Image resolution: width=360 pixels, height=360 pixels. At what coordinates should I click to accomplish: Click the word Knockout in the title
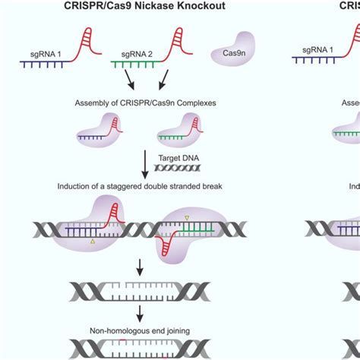pos(206,6)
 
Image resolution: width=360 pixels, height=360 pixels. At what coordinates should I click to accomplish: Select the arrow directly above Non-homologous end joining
pos(141,314)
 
